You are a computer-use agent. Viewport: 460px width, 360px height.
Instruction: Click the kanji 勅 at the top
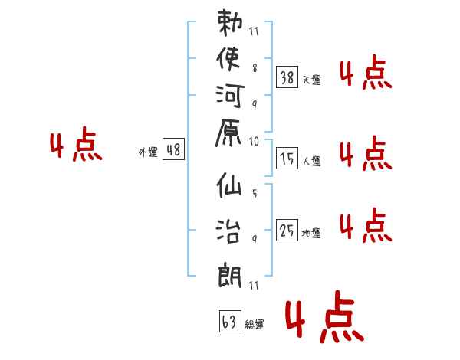pyautogui.click(x=230, y=22)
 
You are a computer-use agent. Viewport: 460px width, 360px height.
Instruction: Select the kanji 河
pyautogui.click(x=230, y=96)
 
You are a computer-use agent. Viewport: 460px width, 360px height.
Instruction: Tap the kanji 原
pyautogui.click(x=228, y=133)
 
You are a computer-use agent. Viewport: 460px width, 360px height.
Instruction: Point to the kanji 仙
pyautogui.click(x=229, y=185)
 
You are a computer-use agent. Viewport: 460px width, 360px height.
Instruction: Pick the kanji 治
pyautogui.click(x=228, y=231)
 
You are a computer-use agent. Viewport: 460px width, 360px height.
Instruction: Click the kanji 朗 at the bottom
pyautogui.click(x=230, y=275)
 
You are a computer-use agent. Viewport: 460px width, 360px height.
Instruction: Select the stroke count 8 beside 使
pyautogui.click(x=255, y=68)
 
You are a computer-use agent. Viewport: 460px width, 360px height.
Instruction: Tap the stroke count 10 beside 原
pyautogui.click(x=254, y=141)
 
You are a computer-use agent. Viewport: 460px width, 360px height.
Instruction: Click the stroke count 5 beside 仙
pyautogui.click(x=255, y=193)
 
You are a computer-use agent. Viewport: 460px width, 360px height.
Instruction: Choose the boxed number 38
pyautogui.click(x=287, y=77)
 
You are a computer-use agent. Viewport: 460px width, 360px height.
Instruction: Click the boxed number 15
pyautogui.click(x=287, y=159)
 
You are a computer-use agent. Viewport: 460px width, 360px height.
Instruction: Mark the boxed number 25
pyautogui.click(x=287, y=230)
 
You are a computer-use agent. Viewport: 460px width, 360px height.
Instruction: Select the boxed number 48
pyautogui.click(x=174, y=149)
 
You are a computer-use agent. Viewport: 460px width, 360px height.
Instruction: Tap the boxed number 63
pyautogui.click(x=230, y=321)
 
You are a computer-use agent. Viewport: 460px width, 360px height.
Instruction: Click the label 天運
pyautogui.click(x=312, y=80)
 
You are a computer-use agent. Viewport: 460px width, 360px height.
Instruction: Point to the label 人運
pyautogui.click(x=312, y=161)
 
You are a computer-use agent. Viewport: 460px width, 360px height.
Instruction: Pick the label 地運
pyautogui.click(x=311, y=233)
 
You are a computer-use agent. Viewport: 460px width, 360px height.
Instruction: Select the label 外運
pyautogui.click(x=148, y=152)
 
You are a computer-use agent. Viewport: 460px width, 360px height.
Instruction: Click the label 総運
pyautogui.click(x=255, y=324)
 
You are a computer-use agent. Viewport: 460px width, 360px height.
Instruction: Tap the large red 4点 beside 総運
pyautogui.click(x=324, y=316)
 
